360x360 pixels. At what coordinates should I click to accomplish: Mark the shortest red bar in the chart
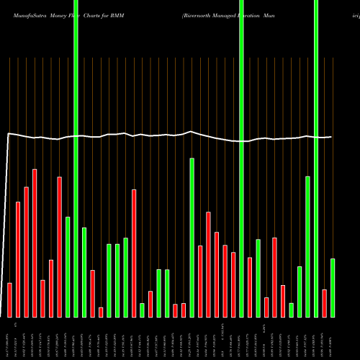coord(101,312)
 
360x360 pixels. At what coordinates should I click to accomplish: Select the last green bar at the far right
coord(333,288)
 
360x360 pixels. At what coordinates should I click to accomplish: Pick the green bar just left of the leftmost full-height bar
coord(68,266)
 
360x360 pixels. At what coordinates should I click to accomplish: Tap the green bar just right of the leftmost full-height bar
coord(84,272)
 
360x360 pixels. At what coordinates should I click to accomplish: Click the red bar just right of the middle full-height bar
coord(250,287)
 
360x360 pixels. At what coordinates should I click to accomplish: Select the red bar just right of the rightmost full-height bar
coord(325,303)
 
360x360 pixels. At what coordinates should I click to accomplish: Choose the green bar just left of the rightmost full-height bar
coord(307,246)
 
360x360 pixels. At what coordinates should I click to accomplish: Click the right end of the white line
coord(332,137)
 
